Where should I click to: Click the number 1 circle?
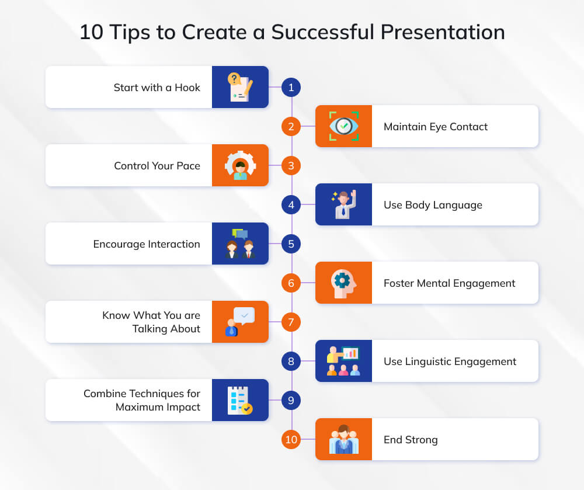click(x=291, y=87)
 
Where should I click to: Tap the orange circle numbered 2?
click(x=291, y=126)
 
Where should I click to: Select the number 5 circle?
click(x=291, y=244)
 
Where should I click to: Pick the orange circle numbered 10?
click(x=291, y=439)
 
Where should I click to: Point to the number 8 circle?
click(x=291, y=361)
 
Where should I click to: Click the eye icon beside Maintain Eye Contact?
click(x=344, y=126)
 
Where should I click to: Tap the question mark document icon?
click(x=240, y=87)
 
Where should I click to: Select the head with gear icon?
click(x=343, y=283)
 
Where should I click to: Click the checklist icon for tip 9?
click(x=240, y=400)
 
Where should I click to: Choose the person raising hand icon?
click(x=344, y=204)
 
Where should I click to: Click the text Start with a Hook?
click(x=157, y=88)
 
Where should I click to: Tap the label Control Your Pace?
click(x=157, y=166)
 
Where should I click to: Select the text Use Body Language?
click(x=433, y=205)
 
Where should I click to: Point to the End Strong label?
click(x=411, y=440)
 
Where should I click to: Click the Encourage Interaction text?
click(x=147, y=244)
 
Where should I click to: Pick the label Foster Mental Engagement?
click(x=449, y=283)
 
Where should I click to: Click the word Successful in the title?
click(x=322, y=32)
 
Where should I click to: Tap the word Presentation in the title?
click(x=443, y=32)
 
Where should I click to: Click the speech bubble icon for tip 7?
click(x=240, y=322)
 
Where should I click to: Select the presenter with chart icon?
click(x=343, y=361)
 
